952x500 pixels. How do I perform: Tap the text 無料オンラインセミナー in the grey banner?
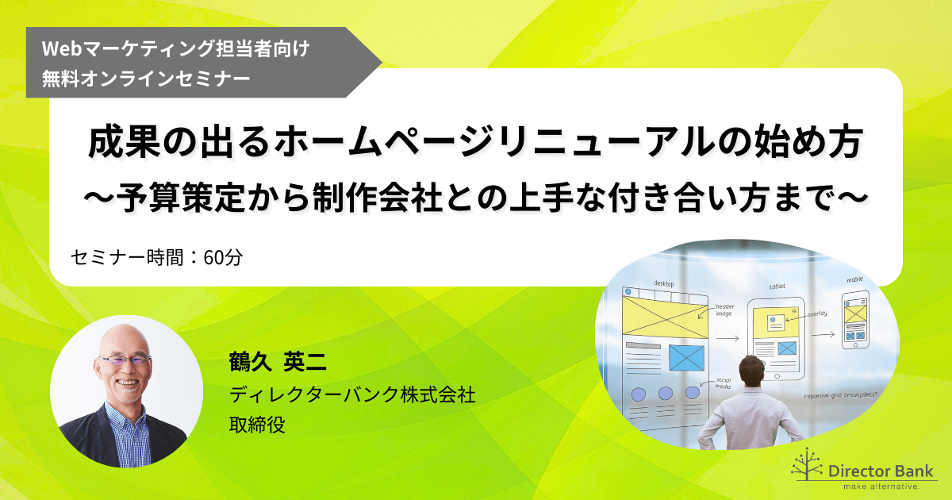147,79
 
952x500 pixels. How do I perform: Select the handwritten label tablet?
777,287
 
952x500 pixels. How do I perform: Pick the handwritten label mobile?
854,279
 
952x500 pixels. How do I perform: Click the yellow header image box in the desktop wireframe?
664,313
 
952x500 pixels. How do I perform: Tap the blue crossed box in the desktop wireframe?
686,357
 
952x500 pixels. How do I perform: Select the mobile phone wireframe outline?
854,319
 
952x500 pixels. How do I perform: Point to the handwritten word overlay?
818,314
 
